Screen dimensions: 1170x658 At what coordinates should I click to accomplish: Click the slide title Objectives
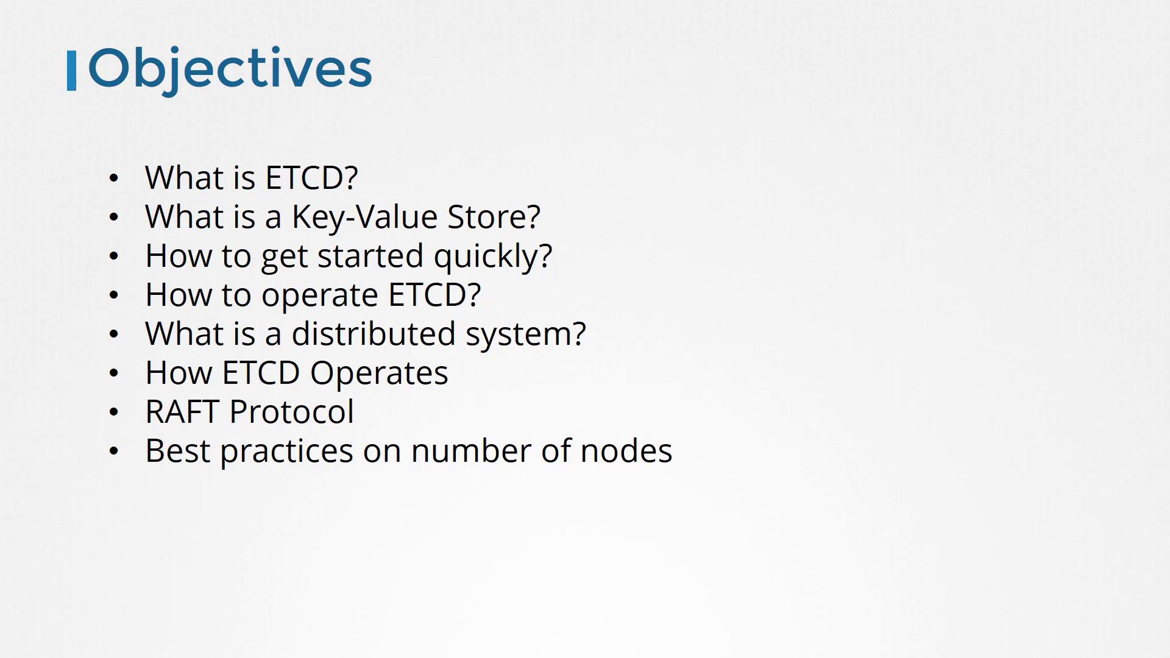[230, 69]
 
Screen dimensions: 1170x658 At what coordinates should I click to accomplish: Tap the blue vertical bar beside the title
[71, 71]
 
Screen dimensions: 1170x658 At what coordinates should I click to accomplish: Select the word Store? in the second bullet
[494, 217]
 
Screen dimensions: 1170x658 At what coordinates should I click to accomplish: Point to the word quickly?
[493, 256]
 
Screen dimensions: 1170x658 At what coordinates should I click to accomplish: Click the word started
[370, 256]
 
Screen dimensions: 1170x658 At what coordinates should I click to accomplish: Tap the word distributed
[374, 334]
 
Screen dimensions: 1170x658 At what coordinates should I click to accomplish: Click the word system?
[525, 335]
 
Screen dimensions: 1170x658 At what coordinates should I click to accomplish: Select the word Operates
[379, 374]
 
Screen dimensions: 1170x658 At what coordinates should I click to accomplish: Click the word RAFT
[182, 412]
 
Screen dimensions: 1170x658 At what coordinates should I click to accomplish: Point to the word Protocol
[291, 412]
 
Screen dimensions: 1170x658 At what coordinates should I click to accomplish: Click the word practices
[286, 453]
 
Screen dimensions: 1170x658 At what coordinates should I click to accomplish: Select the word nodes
[626, 451]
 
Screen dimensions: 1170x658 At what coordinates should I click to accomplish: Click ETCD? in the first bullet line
[311, 178]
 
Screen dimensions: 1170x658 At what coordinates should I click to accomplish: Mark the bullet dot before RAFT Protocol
[114, 412]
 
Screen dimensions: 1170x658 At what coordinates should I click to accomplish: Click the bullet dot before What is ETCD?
[114, 179]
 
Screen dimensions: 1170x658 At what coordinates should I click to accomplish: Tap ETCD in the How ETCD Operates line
[261, 373]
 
